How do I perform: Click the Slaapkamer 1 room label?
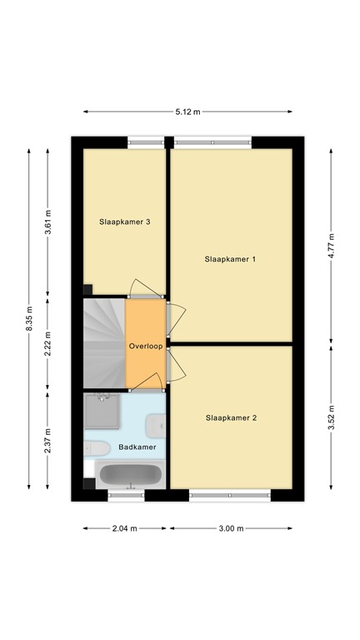point(230,259)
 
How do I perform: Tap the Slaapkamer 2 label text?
point(230,417)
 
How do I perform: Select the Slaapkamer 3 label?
point(125,222)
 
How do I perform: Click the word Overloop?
point(146,345)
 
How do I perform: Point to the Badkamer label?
point(137,447)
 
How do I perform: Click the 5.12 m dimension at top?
point(187,112)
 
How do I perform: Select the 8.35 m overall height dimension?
point(30,319)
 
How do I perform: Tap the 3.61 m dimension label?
point(48,222)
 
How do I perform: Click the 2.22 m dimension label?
point(48,343)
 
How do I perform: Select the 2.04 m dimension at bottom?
point(125,528)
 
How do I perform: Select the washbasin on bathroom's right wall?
point(157,427)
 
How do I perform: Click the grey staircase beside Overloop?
point(103,343)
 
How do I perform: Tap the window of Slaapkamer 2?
point(230,496)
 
